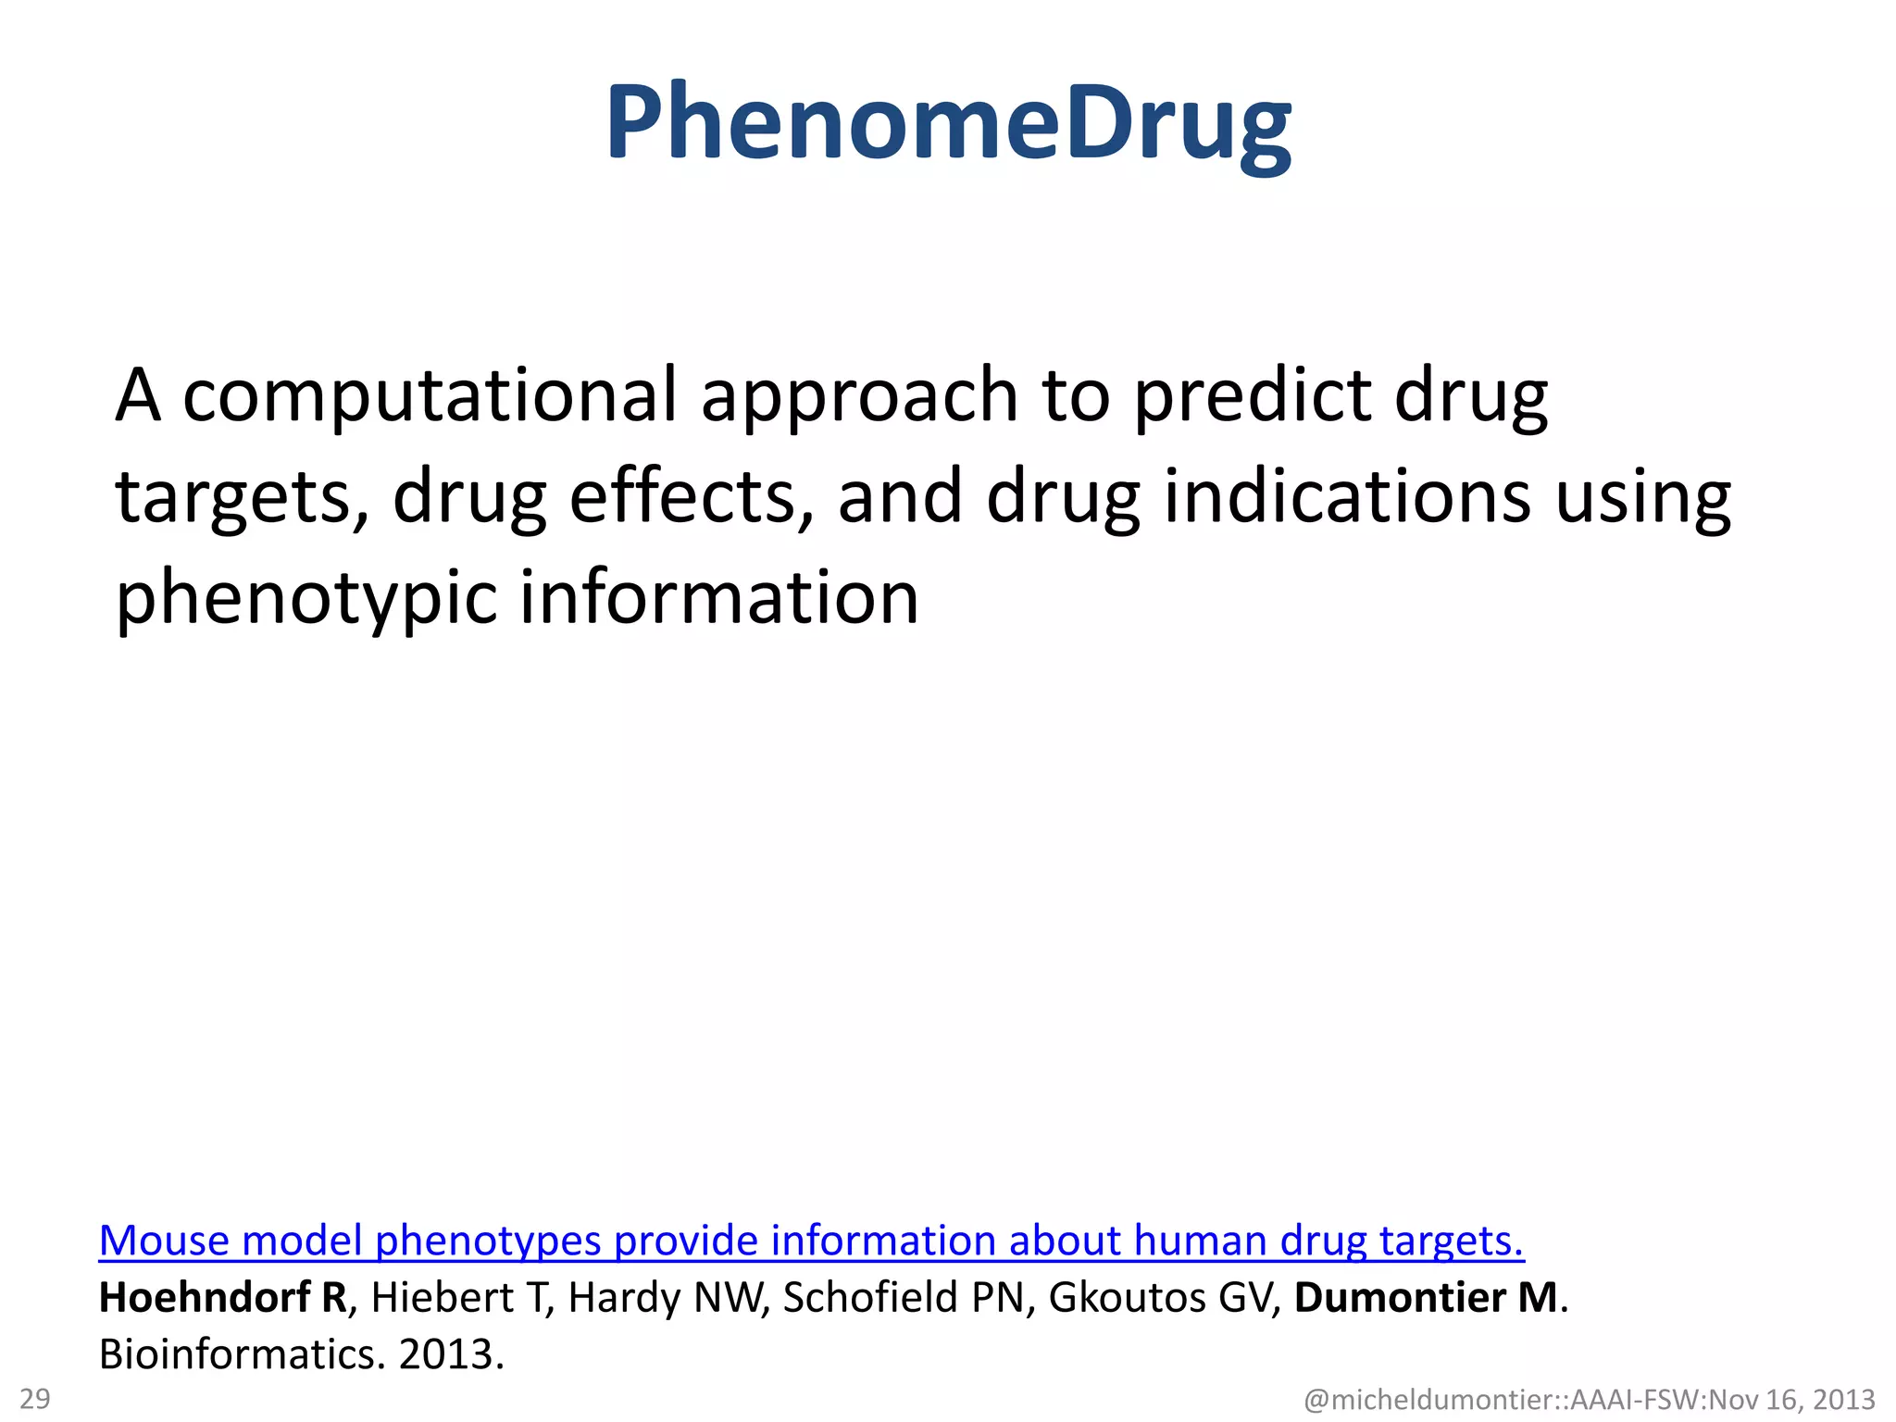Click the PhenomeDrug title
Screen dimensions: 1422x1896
click(948, 125)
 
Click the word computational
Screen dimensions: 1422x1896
click(430, 395)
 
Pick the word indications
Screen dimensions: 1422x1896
click(1347, 496)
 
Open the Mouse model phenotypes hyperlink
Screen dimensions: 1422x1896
click(811, 1241)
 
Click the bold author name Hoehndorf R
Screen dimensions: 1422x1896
click(222, 1297)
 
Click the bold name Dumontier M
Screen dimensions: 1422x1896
click(1426, 1297)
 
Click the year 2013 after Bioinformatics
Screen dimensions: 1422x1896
click(450, 1354)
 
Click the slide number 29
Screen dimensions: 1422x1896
click(35, 1398)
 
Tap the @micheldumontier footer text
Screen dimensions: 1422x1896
click(1589, 1400)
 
